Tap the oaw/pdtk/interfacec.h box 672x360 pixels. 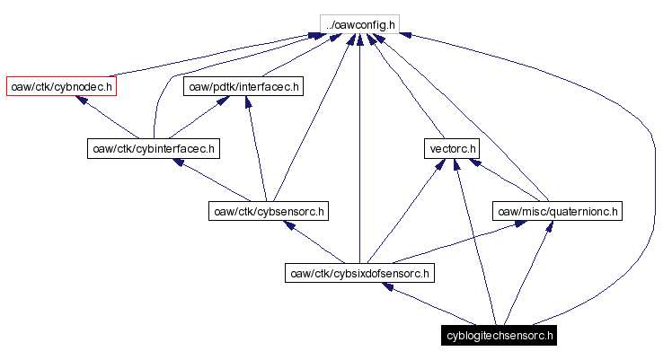243,86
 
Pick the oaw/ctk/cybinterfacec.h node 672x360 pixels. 153,148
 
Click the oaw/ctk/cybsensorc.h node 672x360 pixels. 267,211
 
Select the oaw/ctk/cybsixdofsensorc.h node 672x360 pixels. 358,272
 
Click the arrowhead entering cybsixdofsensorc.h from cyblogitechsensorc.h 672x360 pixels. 386,286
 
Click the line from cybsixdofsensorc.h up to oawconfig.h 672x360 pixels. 358,153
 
